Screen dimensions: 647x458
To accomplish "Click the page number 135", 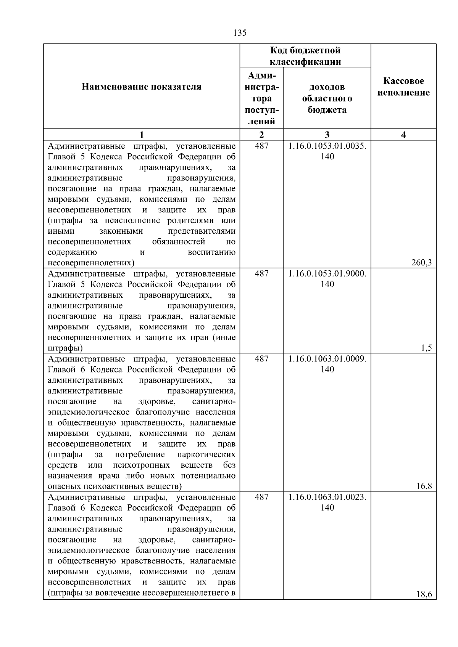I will click(x=240, y=33).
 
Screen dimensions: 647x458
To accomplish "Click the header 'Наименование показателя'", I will click(x=142, y=87).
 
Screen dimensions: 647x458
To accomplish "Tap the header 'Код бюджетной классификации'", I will click(x=305, y=56).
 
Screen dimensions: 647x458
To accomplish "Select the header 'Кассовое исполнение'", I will click(x=403, y=87).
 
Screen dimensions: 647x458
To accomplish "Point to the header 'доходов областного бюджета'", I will click(x=327, y=99).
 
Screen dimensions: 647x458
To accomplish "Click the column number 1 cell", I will click(x=142, y=135).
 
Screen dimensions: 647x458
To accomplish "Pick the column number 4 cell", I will click(x=403, y=135).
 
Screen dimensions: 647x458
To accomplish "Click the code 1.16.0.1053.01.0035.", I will click(x=327, y=146).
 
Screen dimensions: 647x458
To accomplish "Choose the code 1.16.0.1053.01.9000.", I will click(x=327, y=274).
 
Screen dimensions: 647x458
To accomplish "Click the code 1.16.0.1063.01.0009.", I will click(x=327, y=359).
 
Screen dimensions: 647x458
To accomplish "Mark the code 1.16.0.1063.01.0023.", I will click(x=327, y=497).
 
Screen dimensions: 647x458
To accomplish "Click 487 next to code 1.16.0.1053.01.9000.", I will click(x=261, y=274).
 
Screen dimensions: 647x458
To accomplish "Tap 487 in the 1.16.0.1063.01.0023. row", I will click(x=261, y=497).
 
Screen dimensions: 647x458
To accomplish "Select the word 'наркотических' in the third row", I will click(x=206, y=454).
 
